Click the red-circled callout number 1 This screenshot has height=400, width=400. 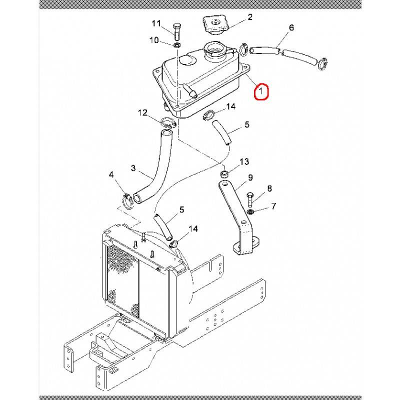(260, 91)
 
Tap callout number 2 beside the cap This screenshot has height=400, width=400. (250, 17)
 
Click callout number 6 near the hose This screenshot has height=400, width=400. (291, 27)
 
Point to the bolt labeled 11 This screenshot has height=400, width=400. (176, 31)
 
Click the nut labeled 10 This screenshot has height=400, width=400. (176, 45)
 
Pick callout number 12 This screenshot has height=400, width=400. (142, 112)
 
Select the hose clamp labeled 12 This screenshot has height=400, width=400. (168, 122)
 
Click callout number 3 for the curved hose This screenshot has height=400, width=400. (133, 168)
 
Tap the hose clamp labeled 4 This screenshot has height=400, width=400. (127, 201)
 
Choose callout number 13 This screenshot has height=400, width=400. (244, 161)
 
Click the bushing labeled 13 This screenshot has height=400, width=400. (224, 174)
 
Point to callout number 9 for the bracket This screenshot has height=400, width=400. (250, 177)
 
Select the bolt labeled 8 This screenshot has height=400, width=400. (249, 200)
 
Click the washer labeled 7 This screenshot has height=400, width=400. (250, 211)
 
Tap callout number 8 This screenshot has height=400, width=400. (269, 189)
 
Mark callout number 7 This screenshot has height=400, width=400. (273, 205)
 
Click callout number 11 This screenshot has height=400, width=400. (156, 23)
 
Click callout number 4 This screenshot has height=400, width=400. (111, 175)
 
